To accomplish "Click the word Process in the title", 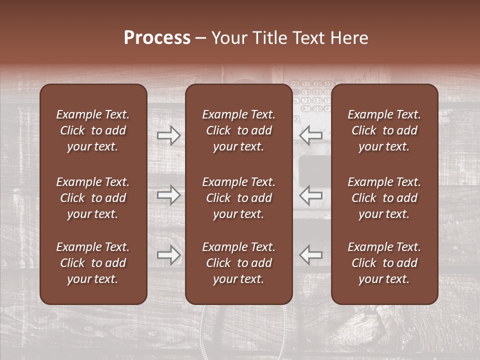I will (157, 38).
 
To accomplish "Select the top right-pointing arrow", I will (168, 135).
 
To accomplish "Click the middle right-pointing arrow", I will (168, 195).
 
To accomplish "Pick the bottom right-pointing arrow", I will (168, 255).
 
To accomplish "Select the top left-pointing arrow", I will (311, 135).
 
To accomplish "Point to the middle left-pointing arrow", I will (311, 195).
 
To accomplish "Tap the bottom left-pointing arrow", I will (311, 255).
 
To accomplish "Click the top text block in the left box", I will (93, 130).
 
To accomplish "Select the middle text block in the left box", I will (93, 198).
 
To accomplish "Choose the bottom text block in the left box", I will (93, 263).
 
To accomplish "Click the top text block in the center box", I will (238, 130).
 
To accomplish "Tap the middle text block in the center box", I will (238, 198).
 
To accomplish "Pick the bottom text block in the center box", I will (238, 263).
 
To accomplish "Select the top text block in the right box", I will (384, 130).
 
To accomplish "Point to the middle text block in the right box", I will (384, 198).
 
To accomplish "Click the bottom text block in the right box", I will (384, 263).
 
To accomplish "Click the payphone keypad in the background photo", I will (312, 95).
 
